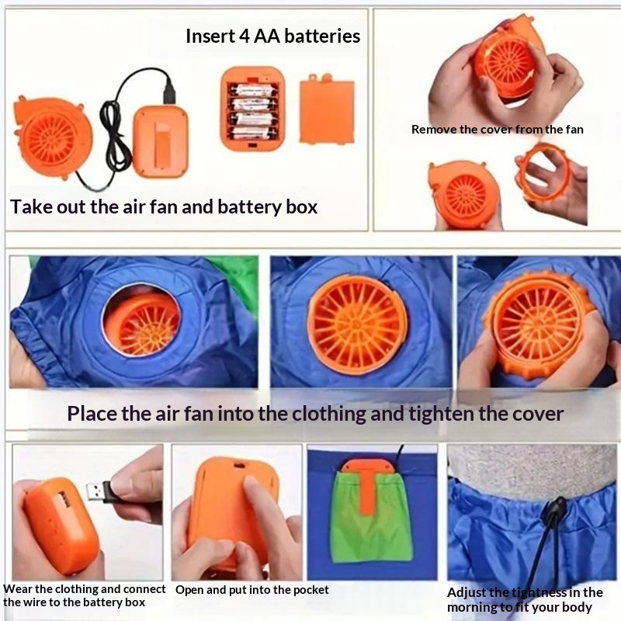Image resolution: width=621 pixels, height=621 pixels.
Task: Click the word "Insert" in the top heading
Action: click(210, 36)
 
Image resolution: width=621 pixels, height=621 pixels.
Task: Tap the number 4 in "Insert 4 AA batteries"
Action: click(244, 36)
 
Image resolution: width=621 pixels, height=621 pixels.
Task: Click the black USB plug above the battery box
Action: click(169, 90)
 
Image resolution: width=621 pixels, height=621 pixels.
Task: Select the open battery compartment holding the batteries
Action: click(253, 109)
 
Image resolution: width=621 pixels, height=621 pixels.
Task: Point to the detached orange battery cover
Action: click(327, 108)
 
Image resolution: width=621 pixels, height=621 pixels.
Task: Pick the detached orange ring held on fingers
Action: click(542, 172)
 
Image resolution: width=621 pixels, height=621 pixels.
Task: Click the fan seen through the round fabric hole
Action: click(142, 321)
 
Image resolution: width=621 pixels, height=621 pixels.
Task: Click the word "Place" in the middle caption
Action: click(92, 414)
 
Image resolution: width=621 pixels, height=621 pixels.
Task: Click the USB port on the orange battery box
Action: click(64, 498)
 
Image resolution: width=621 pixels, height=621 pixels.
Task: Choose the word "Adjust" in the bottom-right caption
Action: click(467, 593)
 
